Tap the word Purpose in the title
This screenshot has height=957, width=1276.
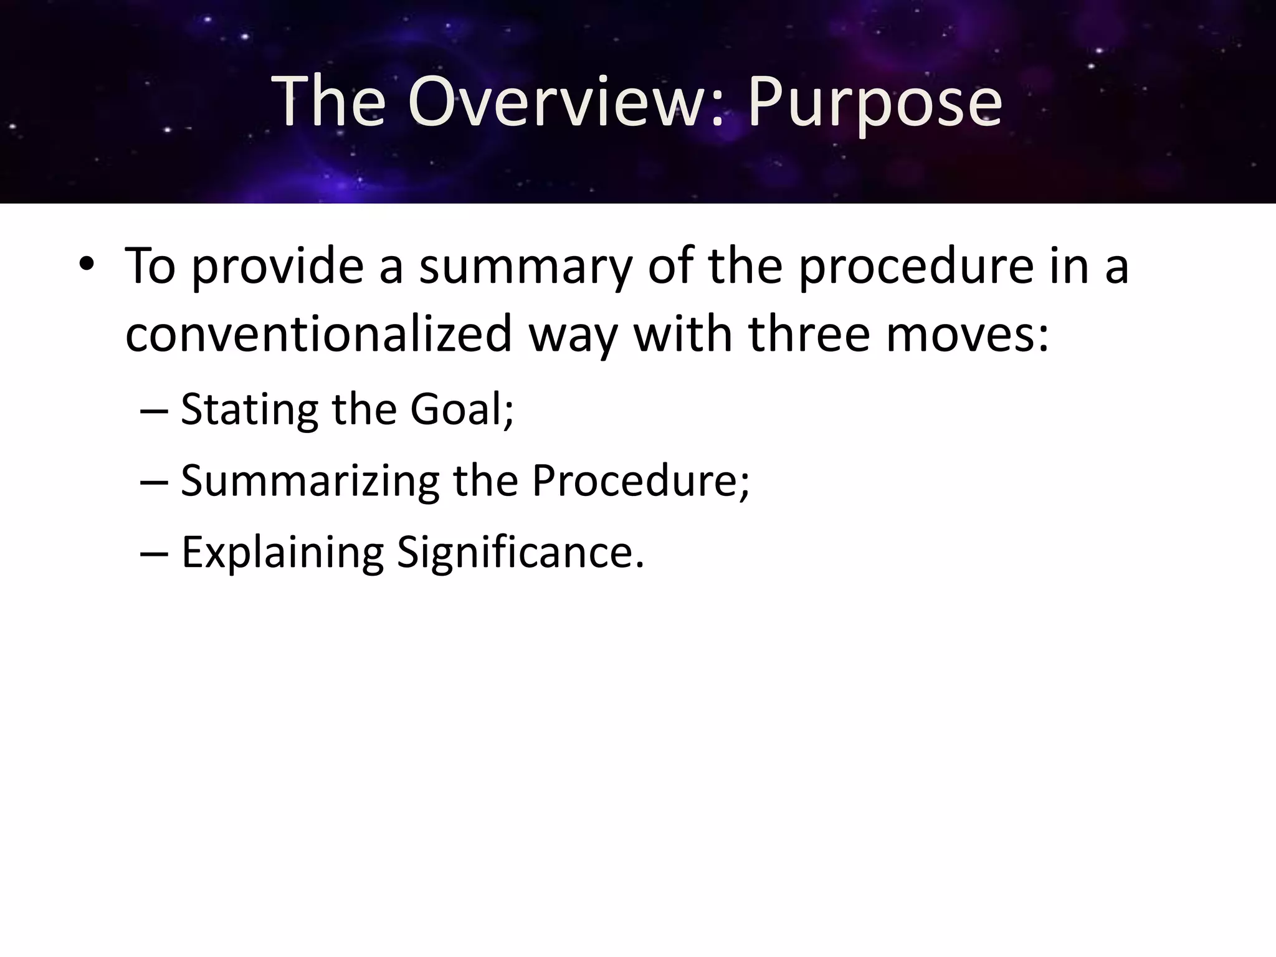(x=875, y=102)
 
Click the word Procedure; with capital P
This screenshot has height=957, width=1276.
(x=640, y=481)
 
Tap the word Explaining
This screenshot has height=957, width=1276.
(x=282, y=553)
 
